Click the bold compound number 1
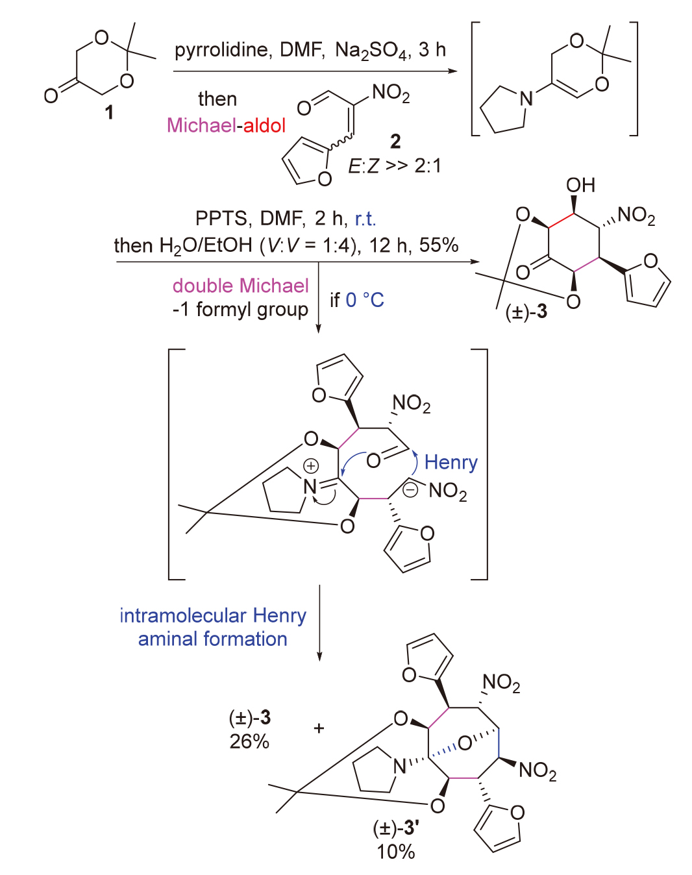coord(109,112)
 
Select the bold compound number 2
coord(395,141)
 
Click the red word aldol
coord(264,125)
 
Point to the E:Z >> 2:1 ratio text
coord(394,166)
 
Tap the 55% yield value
coord(439,245)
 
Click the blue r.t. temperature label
coord(365,218)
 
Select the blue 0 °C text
coord(365,300)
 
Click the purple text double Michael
coord(240,286)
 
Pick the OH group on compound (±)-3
coord(580,186)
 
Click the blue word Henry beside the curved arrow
coord(451,462)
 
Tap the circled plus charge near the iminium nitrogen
coord(312,465)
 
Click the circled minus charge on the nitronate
coord(410,490)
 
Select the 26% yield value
coord(249,741)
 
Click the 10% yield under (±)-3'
coord(395,852)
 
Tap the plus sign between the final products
coord(319,728)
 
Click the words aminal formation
coord(212,639)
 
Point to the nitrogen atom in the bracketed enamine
coord(526,99)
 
